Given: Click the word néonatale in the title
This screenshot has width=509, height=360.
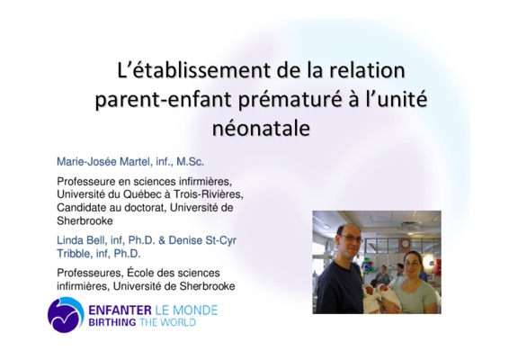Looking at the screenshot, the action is coord(261,128).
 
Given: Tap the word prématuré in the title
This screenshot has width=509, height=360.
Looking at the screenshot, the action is coord(290,99).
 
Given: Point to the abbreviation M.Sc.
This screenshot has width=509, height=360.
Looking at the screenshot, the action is coord(191,161).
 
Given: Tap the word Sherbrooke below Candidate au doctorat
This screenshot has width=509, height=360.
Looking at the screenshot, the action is coord(85,220).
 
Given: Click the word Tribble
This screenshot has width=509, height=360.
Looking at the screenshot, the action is coord(74,254).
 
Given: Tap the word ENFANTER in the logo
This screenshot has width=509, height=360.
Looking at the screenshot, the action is coord(120,310).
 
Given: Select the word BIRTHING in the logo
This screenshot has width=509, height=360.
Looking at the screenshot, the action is coord(112,322).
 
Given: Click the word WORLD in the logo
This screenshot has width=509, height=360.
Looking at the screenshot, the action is coord(180,322).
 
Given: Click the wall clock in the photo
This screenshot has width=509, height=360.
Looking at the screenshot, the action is coord(405,243).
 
